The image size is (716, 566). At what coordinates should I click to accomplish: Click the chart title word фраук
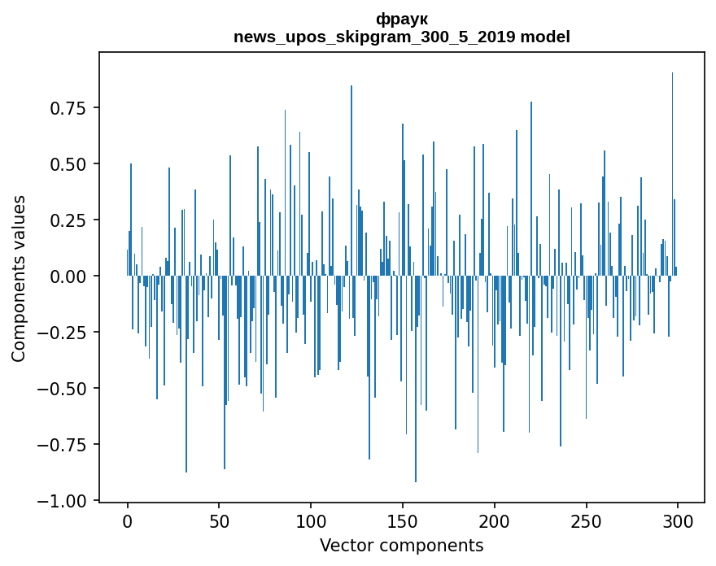point(401,19)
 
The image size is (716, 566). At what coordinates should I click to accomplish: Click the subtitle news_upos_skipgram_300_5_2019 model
point(401,37)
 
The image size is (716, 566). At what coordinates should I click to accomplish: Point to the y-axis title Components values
point(18,278)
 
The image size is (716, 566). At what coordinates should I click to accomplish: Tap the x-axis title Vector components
point(401,546)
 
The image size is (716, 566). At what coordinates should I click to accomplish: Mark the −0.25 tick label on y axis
point(63,333)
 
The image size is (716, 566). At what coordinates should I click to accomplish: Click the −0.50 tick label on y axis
point(63,389)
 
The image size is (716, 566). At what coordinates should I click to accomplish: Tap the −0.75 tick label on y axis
point(63,445)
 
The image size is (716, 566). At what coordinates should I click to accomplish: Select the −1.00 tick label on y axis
point(63,501)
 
